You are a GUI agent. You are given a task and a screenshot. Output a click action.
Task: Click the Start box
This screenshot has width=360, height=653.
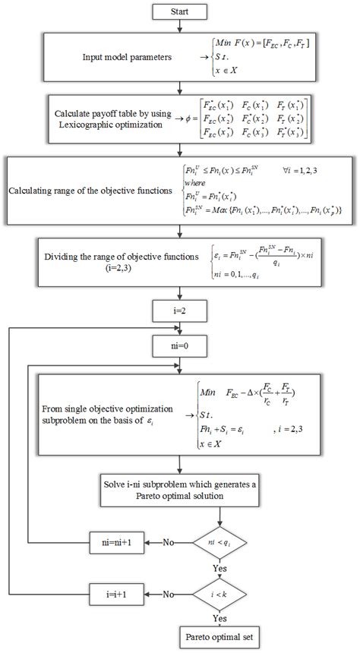(x=179, y=11)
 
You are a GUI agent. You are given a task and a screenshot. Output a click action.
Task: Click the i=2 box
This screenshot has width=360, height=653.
(x=179, y=310)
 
